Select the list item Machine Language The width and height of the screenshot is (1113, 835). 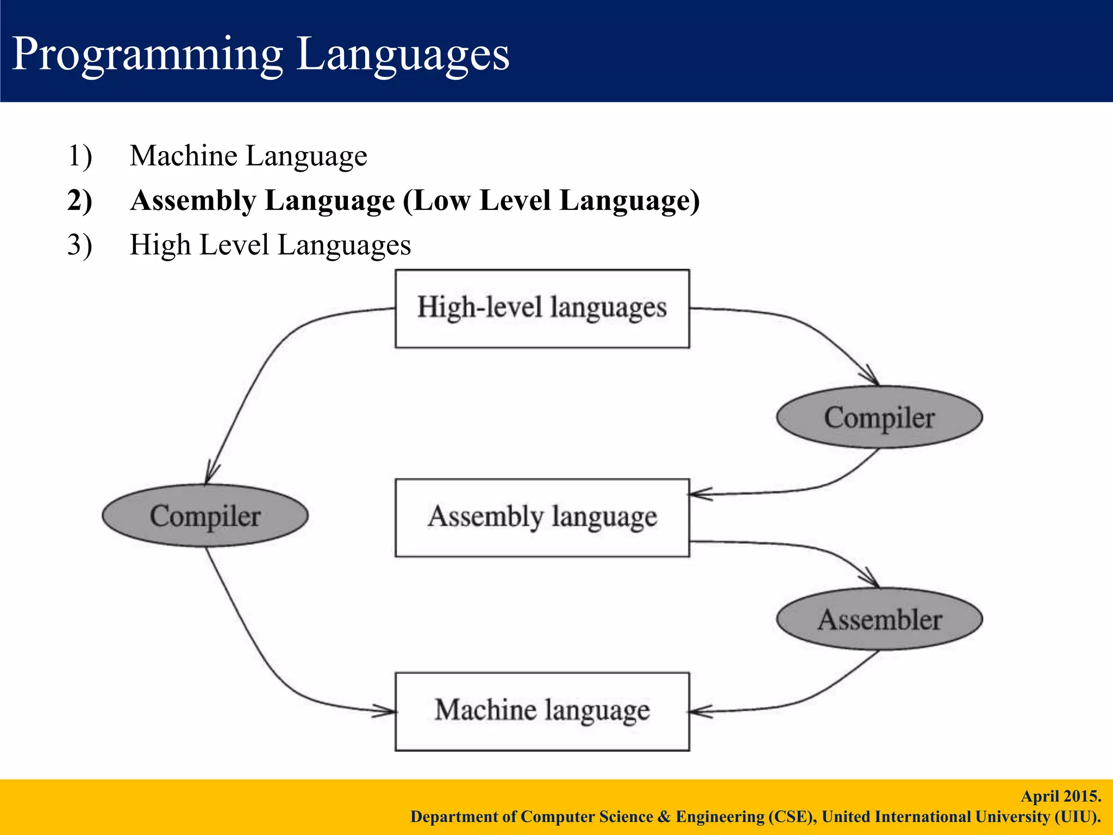click(x=248, y=156)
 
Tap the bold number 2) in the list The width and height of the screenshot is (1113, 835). click(x=79, y=201)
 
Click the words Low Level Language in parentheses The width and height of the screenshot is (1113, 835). click(x=551, y=201)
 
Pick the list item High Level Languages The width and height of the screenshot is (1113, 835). click(x=270, y=245)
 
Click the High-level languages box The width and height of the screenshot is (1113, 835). click(x=542, y=308)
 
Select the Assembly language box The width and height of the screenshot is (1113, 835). click(x=542, y=517)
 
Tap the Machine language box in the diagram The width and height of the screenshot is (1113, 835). click(x=542, y=711)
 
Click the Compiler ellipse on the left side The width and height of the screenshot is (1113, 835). click(x=205, y=515)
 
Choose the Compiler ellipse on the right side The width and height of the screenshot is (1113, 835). click(x=879, y=417)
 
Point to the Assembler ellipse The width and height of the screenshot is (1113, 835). click(x=879, y=619)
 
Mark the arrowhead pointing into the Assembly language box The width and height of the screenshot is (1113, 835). click(x=697, y=494)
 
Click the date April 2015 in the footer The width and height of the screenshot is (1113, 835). click(x=1060, y=796)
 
